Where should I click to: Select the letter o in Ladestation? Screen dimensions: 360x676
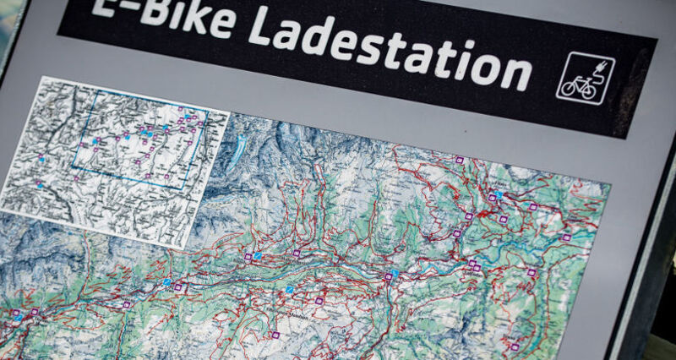click(x=481, y=65)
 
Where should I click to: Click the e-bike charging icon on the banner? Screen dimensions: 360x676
click(x=585, y=79)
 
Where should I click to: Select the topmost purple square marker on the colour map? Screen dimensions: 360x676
click(x=460, y=159)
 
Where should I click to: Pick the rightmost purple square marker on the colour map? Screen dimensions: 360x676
click(x=566, y=237)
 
